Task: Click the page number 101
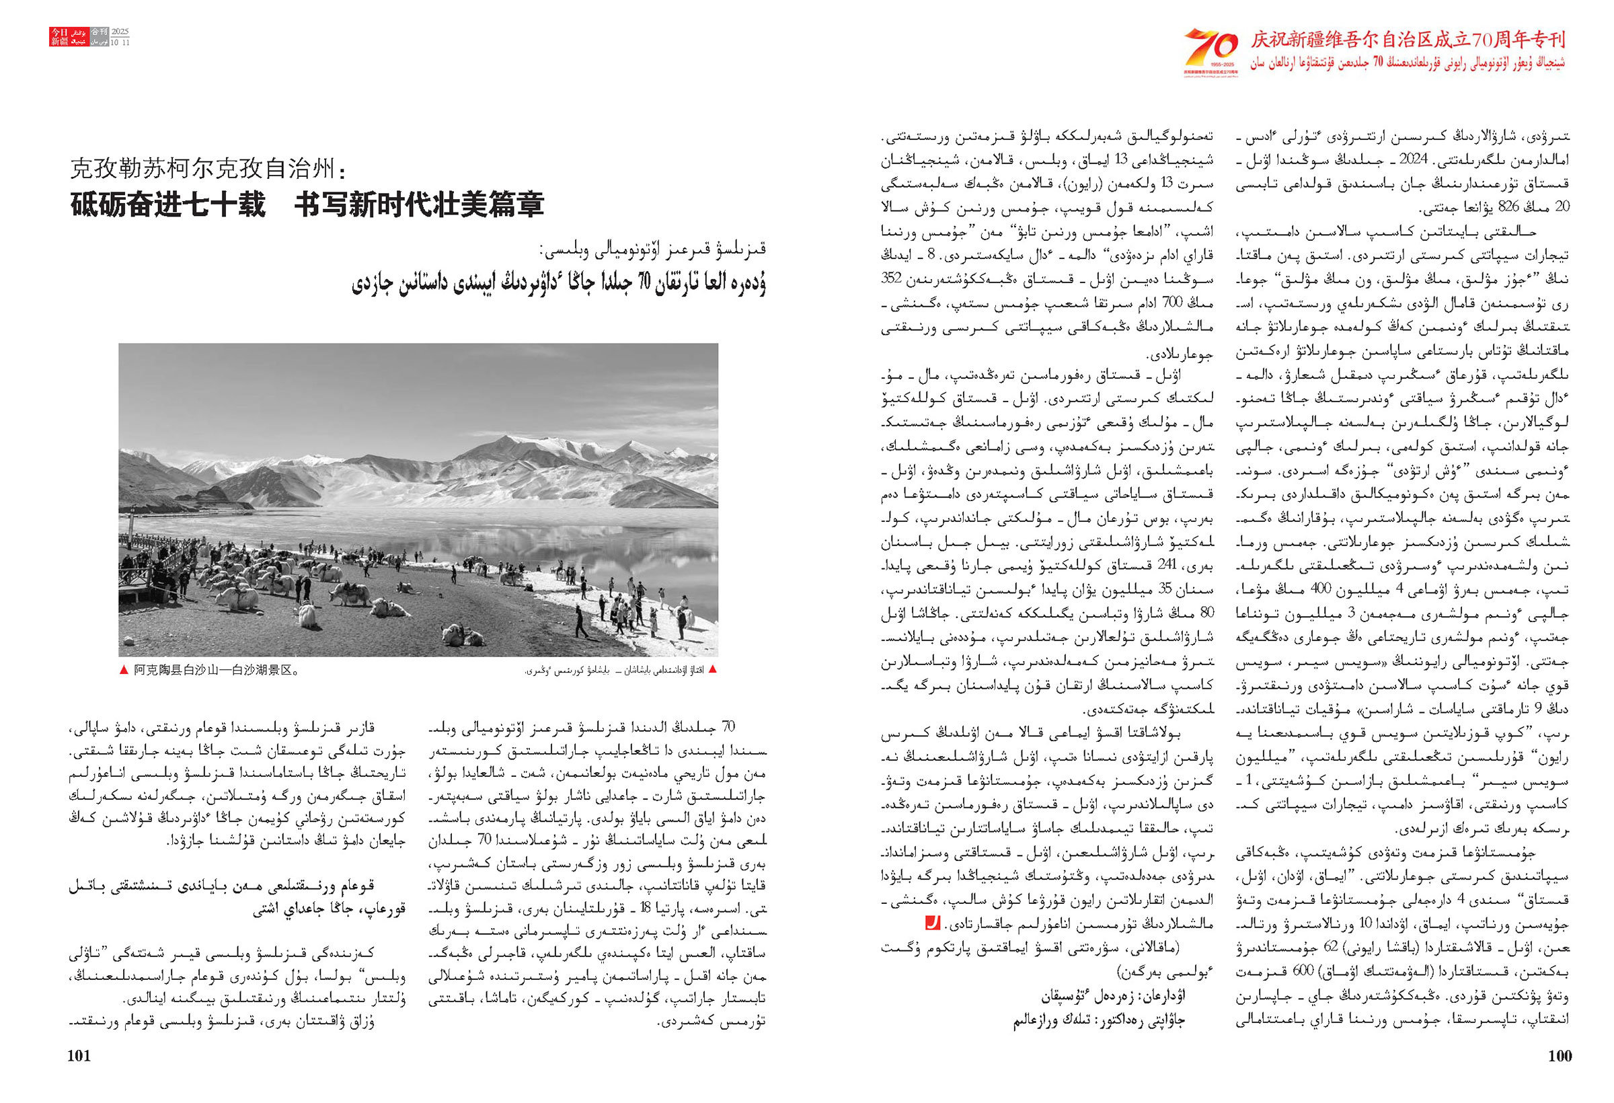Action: [x=79, y=1056]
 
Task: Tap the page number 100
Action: [x=1560, y=1056]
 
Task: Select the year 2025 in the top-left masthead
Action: [x=120, y=32]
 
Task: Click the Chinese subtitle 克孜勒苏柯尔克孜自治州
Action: [x=208, y=168]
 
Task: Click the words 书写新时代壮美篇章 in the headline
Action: [x=419, y=204]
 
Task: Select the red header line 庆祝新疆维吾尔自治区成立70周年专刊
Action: [x=1407, y=40]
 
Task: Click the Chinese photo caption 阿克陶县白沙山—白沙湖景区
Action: [x=215, y=671]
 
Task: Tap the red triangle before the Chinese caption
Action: [x=124, y=671]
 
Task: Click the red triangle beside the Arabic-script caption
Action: [x=712, y=670]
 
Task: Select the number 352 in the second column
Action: [x=892, y=278]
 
